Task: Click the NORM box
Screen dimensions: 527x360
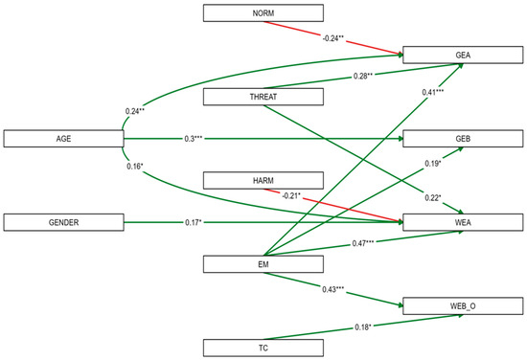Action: pyautogui.click(x=263, y=13)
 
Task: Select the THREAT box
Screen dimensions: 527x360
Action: pyautogui.click(x=263, y=97)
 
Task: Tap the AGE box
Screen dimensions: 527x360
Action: pyautogui.click(x=64, y=139)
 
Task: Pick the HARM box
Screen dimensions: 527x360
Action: pyautogui.click(x=263, y=180)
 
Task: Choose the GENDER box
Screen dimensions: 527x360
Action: pyautogui.click(x=64, y=222)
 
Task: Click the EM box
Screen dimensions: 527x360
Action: pyautogui.click(x=263, y=264)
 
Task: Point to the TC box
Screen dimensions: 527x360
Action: pyautogui.click(x=263, y=348)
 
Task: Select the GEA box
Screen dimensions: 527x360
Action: pyautogui.click(x=463, y=56)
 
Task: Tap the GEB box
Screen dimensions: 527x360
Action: pyautogui.click(x=463, y=139)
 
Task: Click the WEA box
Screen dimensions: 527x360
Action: pyautogui.click(x=463, y=222)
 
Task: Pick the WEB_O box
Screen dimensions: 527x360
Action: pyautogui.click(x=463, y=306)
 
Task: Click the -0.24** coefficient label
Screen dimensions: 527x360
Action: pyautogui.click(x=333, y=38)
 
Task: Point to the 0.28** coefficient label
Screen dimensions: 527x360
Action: pyautogui.click(x=363, y=77)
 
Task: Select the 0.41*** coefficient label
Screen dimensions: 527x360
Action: pyautogui.click(x=433, y=92)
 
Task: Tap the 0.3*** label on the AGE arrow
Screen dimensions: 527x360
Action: pyautogui.click(x=194, y=139)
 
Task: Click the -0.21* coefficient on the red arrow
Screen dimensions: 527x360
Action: pyautogui.click(x=291, y=195)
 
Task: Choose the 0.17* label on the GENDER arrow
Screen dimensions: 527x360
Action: pyautogui.click(x=194, y=222)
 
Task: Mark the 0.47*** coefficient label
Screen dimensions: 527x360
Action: pyautogui.click(x=363, y=243)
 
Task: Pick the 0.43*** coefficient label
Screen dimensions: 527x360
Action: pyautogui.click(x=333, y=289)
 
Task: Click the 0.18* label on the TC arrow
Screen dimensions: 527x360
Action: pyautogui.click(x=363, y=327)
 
